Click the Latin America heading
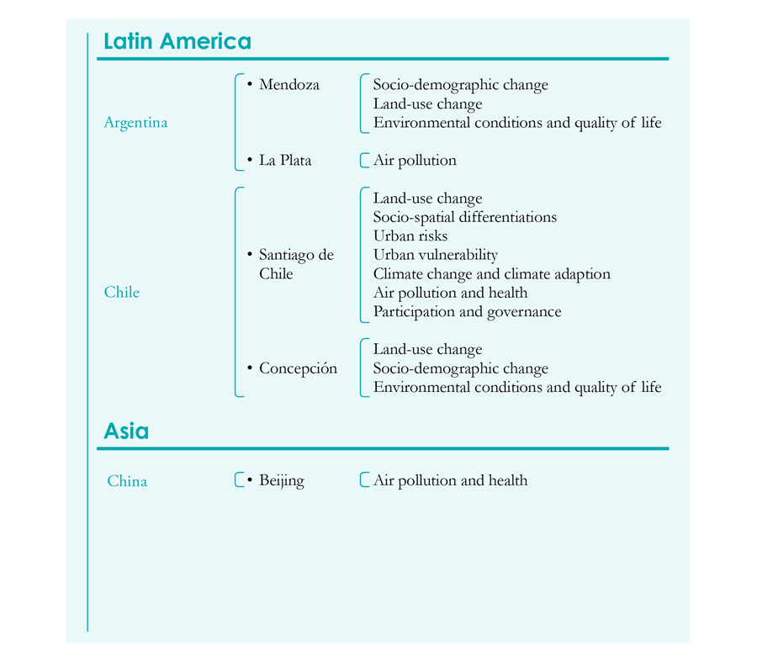coord(177,41)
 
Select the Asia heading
coord(126,431)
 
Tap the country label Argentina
coord(135,123)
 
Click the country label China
coord(127,481)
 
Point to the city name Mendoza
coord(289,84)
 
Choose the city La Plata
coord(285,161)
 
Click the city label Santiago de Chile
coord(296,264)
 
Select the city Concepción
coord(298,368)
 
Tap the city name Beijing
coord(282,481)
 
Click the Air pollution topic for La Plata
coord(415,161)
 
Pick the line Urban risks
coord(410,236)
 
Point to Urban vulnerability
coord(436,255)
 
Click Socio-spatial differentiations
coord(465,217)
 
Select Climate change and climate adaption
coord(491,273)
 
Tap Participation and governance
coord(468,312)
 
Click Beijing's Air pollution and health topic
coord(451,480)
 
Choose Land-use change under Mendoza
coord(428,103)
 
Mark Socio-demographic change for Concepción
coord(461,368)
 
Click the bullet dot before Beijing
coord(250,480)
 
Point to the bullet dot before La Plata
coord(250,159)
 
